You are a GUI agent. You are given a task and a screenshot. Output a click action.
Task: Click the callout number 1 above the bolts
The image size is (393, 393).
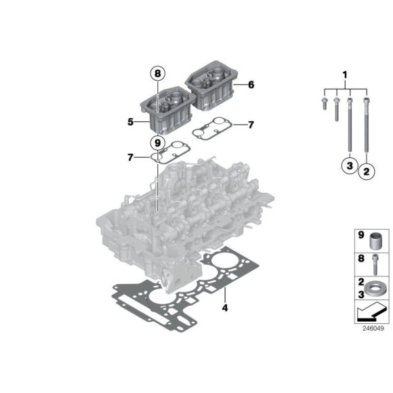click(x=344, y=73)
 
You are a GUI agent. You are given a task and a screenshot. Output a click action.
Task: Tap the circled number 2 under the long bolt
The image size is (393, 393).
click(x=367, y=172)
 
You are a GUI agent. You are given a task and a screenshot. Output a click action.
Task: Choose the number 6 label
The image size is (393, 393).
click(x=251, y=85)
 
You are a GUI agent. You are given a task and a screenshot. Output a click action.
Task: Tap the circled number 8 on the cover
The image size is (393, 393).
click(x=157, y=73)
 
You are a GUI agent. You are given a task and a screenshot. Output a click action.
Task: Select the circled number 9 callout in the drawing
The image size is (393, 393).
click(x=157, y=143)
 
